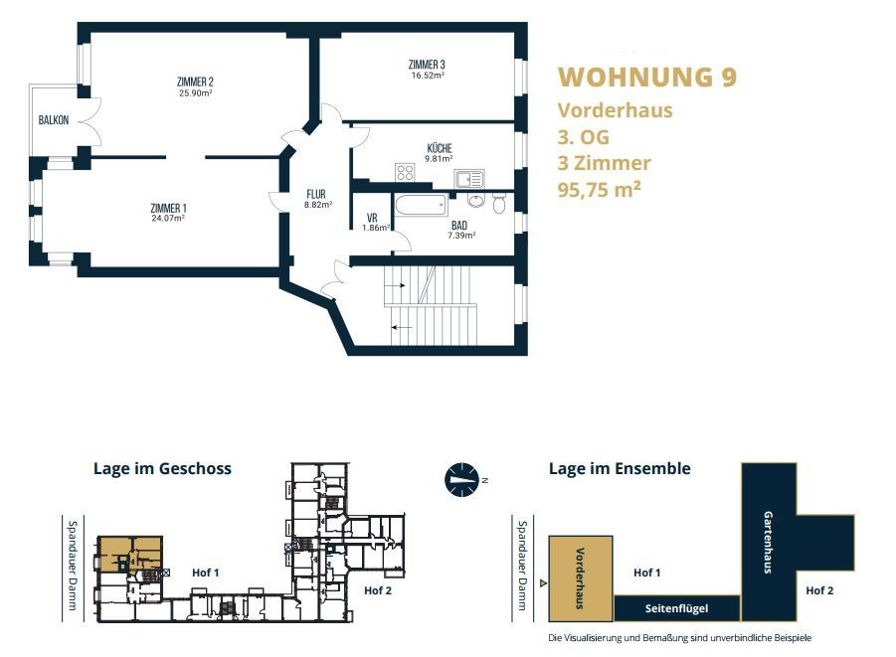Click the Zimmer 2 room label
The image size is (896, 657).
[195, 82]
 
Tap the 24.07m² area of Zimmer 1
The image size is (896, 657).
[168, 218]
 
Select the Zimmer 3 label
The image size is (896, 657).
[427, 65]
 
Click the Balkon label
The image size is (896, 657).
[53, 120]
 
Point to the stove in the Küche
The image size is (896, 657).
[405, 172]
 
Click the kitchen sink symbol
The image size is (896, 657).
[469, 179]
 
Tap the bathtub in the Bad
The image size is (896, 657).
[421, 205]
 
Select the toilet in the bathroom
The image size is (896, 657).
[499, 204]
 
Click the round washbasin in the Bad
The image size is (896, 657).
[475, 200]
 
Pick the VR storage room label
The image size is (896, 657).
[372, 218]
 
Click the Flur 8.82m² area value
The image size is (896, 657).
[318, 204]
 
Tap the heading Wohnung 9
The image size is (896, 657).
[647, 78]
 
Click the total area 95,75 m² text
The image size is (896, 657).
[599, 189]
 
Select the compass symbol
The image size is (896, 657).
[461, 480]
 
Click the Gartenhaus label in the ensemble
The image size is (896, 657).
[768, 542]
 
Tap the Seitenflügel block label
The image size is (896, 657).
[676, 608]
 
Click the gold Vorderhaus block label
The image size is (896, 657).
[580, 578]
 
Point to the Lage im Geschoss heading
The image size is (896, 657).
[162, 469]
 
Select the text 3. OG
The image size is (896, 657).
[584, 137]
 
